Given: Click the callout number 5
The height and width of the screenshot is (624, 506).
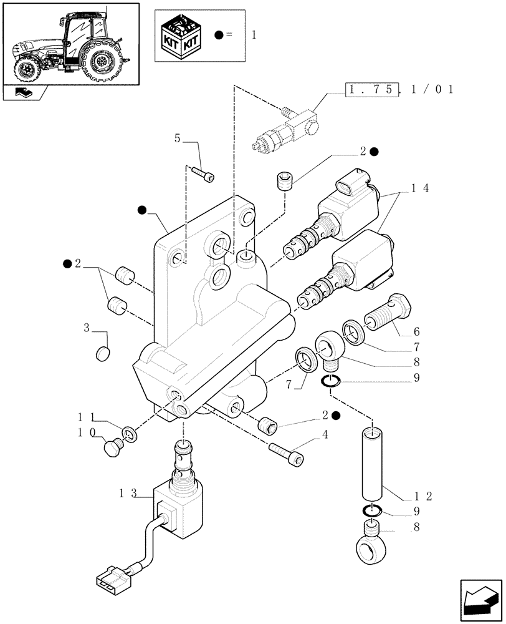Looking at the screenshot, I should [x=178, y=139].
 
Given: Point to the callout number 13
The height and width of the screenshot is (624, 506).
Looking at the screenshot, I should [x=128, y=493].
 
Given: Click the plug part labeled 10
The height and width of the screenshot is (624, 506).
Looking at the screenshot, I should [x=113, y=447].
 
